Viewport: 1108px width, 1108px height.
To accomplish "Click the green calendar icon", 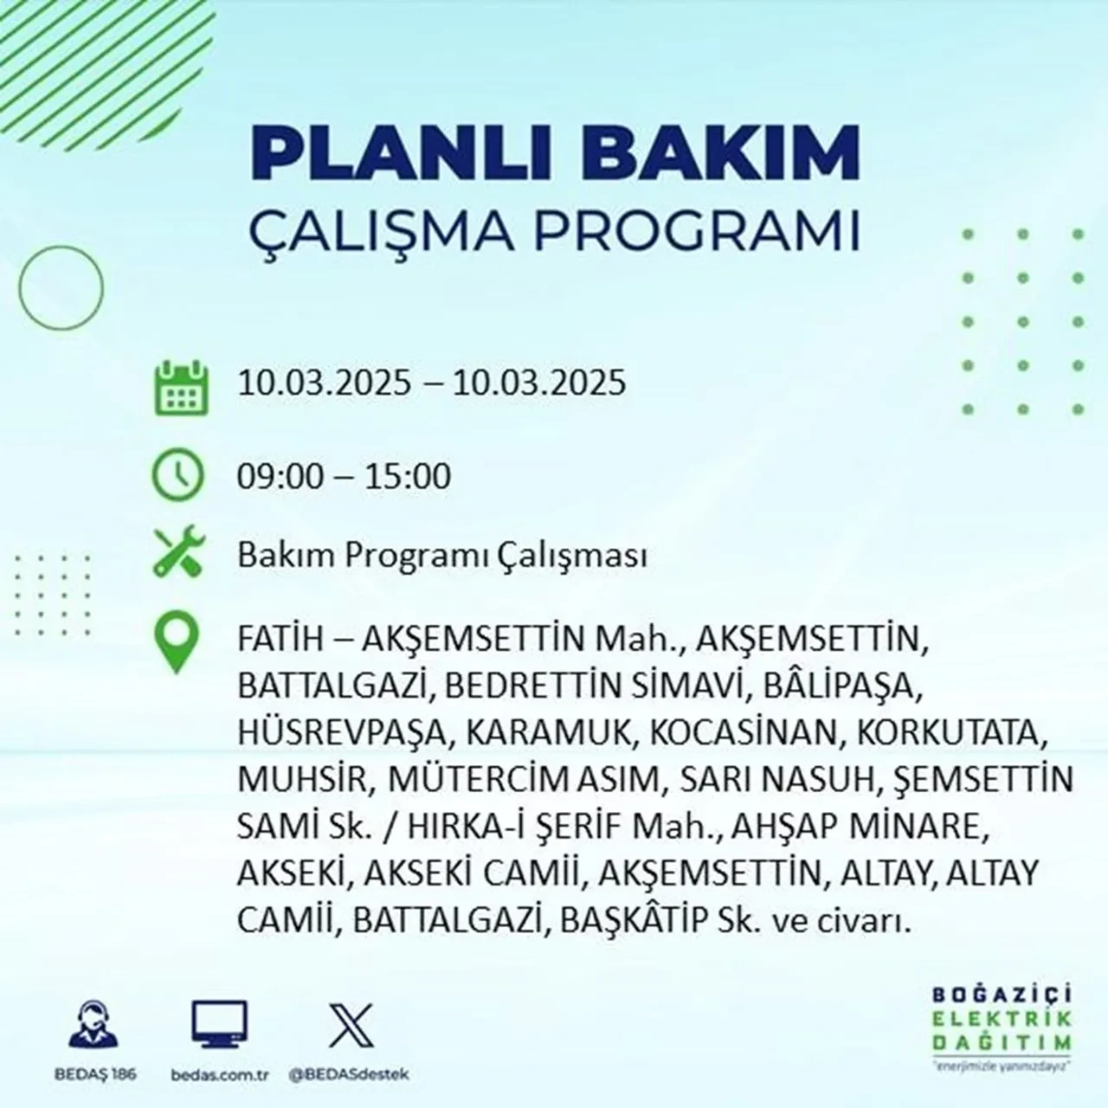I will [x=181, y=387].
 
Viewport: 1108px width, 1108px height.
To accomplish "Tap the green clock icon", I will [x=178, y=476].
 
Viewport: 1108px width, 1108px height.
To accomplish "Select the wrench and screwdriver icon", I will [x=178, y=553].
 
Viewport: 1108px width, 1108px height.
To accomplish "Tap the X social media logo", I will [x=351, y=1025].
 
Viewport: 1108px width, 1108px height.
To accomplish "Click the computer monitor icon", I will [x=219, y=1025].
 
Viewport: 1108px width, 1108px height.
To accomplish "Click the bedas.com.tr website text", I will [x=220, y=1074].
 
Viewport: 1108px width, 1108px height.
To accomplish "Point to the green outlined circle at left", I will [x=61, y=286].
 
